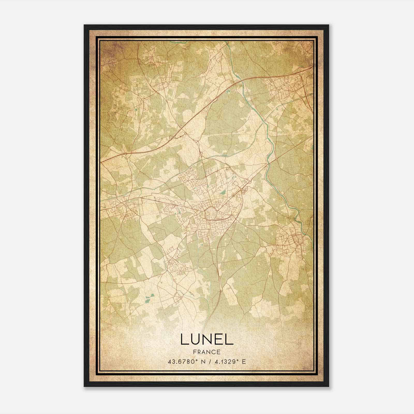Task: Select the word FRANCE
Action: tap(207, 352)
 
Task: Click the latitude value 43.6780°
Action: tap(184, 362)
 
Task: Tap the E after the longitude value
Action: tap(244, 362)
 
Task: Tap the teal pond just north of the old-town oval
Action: tap(223, 193)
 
